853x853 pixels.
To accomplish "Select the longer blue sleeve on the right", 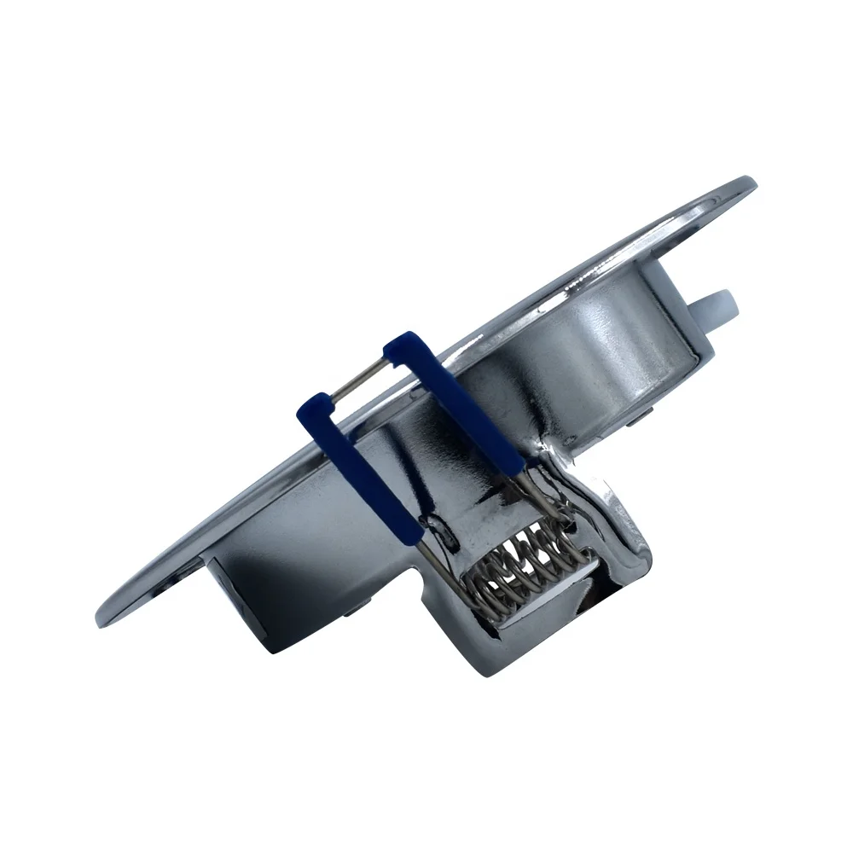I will coord(461,401).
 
